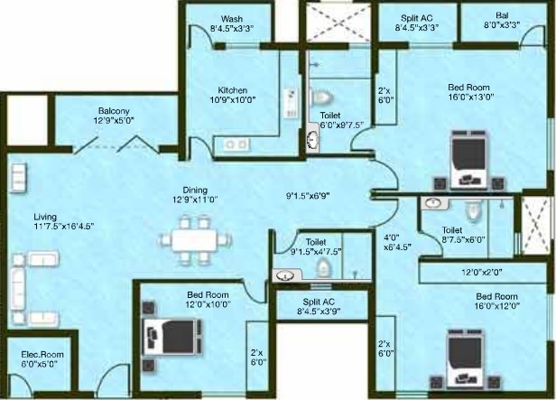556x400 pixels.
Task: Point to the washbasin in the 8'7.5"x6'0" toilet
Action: coord(435,203)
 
